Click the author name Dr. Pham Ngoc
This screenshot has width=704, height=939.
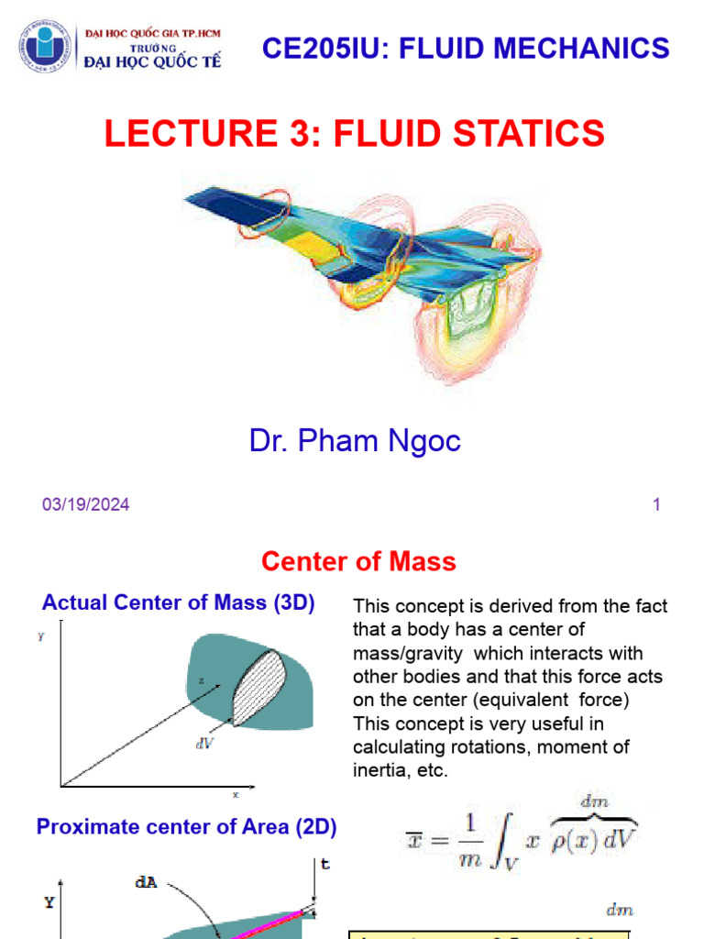point(355,441)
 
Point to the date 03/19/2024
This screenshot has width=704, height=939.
point(85,504)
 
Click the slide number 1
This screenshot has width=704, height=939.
point(656,504)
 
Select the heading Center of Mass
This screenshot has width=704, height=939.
point(358,561)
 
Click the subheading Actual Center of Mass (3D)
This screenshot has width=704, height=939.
point(179,603)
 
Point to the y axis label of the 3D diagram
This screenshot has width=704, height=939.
point(41,636)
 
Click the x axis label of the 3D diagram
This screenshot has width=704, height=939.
point(236,794)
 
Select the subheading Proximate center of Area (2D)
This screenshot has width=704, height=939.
point(186,827)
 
